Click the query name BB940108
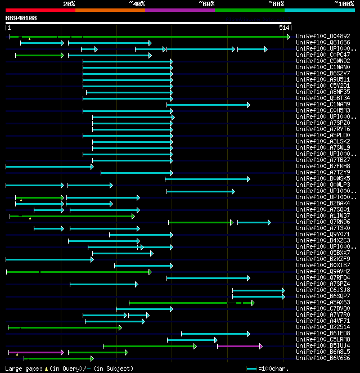(x=21, y=18)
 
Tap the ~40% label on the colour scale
(x=137, y=4)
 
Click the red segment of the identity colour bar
(x=40, y=10)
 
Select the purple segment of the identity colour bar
(x=179, y=10)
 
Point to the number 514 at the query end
(x=283, y=28)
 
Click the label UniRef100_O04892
(x=323, y=37)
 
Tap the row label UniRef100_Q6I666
(x=323, y=43)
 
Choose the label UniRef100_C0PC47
(x=323, y=55)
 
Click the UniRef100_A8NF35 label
(x=323, y=92)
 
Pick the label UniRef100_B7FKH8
(x=323, y=167)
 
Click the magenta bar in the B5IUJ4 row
(x=239, y=346)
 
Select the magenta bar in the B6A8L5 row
(x=37, y=352)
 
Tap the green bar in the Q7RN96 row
(x=200, y=222)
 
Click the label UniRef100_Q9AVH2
(x=323, y=272)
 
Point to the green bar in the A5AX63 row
(x=191, y=303)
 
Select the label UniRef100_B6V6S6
(x=323, y=358)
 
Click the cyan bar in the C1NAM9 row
(x=208, y=105)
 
